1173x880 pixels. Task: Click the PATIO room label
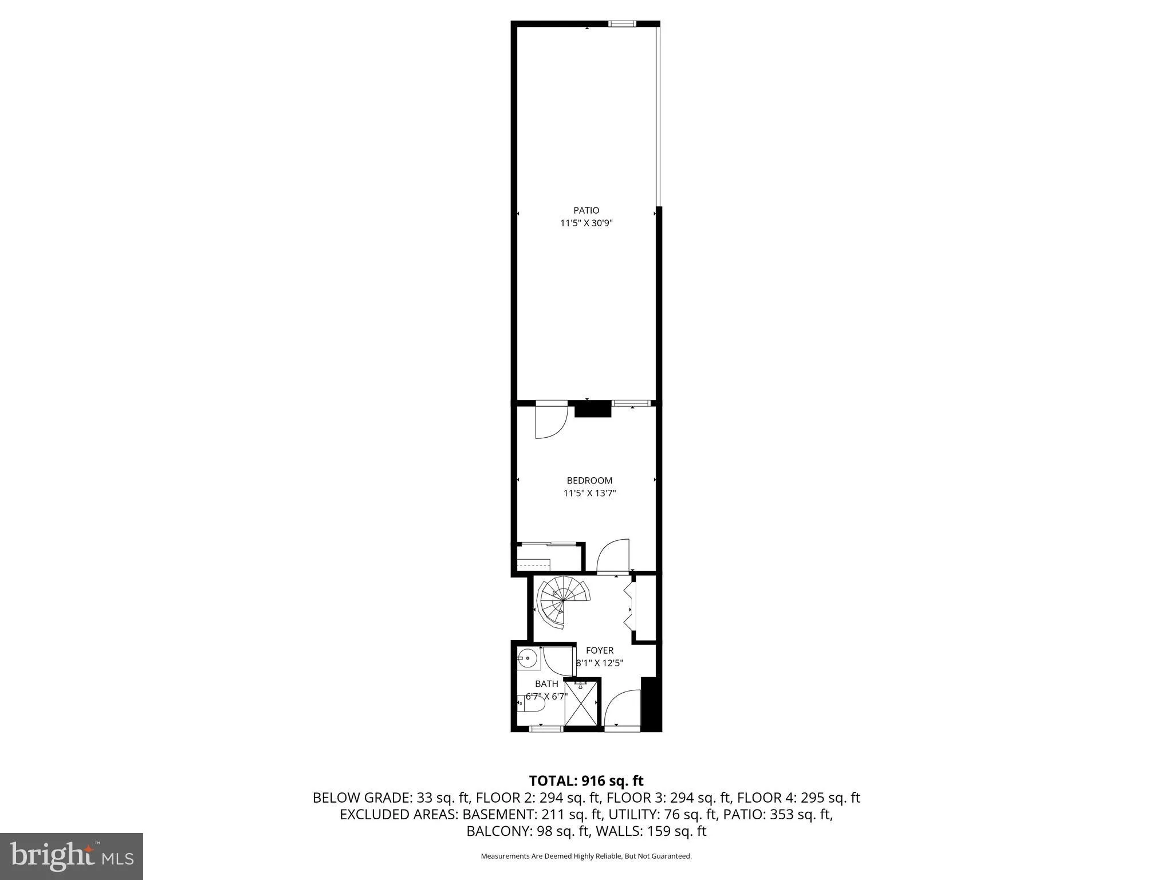click(586, 210)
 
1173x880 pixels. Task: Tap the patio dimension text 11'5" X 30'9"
click(586, 223)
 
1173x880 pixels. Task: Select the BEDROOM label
click(589, 481)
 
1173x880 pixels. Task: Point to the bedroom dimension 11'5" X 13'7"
click(589, 493)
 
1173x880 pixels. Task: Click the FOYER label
click(600, 650)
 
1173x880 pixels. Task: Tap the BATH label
click(546, 683)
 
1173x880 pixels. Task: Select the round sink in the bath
click(528, 658)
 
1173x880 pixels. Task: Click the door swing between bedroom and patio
click(550, 422)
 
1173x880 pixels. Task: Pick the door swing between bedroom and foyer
click(613, 556)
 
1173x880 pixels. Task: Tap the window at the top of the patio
click(621, 24)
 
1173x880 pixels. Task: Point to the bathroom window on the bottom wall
click(545, 728)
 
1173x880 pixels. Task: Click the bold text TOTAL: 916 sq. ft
click(586, 780)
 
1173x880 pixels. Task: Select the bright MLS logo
click(72, 856)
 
